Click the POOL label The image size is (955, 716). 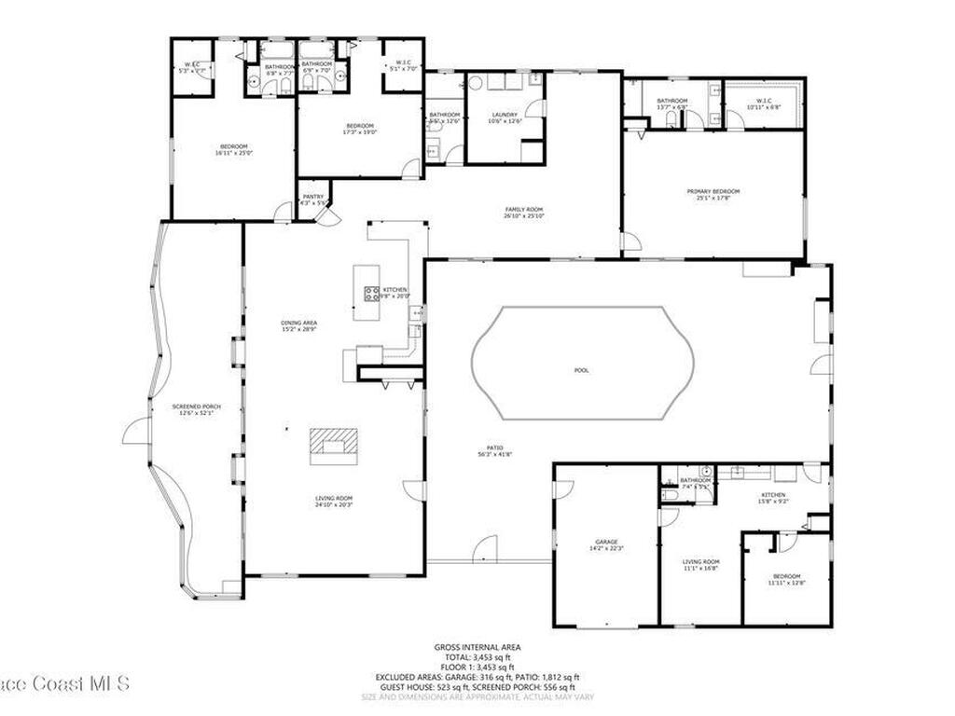point(581,370)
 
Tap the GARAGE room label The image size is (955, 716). point(607,542)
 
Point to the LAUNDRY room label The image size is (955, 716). point(505,115)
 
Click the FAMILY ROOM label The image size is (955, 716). point(524,209)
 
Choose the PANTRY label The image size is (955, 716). point(312,196)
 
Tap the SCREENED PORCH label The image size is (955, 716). point(195,406)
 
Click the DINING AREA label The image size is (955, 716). point(299,323)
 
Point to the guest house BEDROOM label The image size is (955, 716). point(785,577)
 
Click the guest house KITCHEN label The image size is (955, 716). point(773,495)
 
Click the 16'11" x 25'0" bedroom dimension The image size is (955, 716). point(234,153)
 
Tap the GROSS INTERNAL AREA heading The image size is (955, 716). point(477,647)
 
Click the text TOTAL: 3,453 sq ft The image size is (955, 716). point(477,657)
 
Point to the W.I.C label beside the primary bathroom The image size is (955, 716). point(763,101)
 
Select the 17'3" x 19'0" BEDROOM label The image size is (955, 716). point(360,126)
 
